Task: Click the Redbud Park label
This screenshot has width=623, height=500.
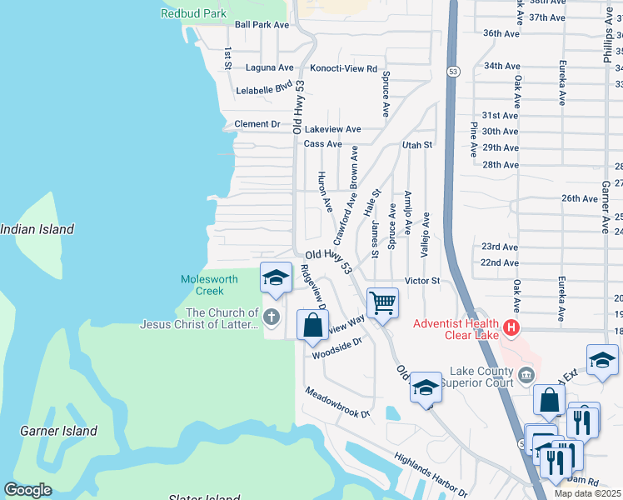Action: [x=193, y=13]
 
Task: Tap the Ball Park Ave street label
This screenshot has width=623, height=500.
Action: [x=262, y=25]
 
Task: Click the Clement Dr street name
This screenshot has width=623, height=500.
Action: [x=257, y=124]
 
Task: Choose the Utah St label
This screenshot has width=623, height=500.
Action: [x=418, y=145]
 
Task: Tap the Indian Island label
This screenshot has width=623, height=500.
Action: [x=37, y=229]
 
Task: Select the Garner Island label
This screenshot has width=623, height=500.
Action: [x=58, y=431]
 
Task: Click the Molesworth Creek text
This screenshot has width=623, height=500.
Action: [x=210, y=285]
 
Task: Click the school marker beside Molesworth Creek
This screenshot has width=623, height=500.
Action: [x=276, y=278]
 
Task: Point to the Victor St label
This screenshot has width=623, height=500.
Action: [x=422, y=281]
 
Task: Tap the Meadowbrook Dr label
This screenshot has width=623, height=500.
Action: [x=336, y=402]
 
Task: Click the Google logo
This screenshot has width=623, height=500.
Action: [x=27, y=490]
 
